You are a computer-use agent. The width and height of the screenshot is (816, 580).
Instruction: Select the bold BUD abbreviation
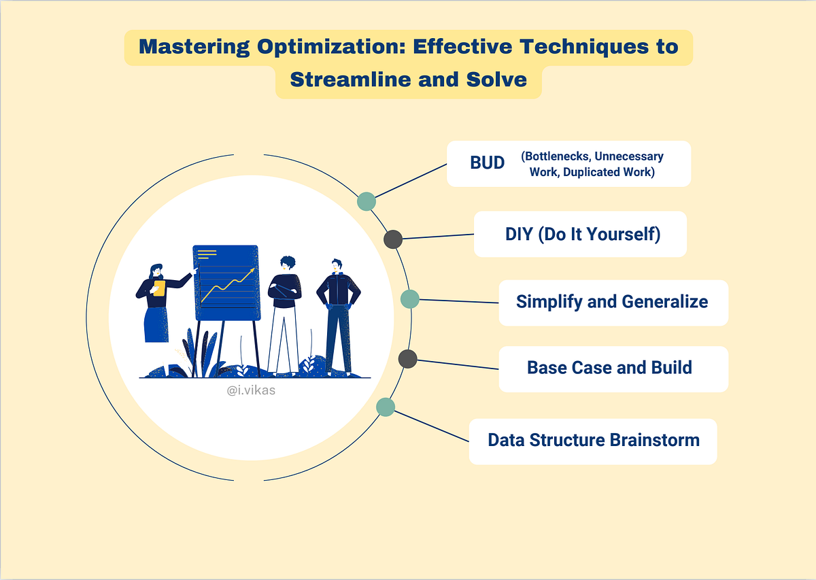488,164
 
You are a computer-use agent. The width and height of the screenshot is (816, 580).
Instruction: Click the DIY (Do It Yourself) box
580,234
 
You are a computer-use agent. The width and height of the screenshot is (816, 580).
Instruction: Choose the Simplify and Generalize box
613,302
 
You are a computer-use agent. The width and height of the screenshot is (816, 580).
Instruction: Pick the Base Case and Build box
613,368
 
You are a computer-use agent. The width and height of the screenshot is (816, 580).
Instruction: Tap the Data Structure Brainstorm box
593,440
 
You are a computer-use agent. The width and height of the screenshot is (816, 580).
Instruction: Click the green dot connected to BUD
367,201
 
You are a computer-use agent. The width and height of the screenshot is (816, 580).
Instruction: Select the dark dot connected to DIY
393,239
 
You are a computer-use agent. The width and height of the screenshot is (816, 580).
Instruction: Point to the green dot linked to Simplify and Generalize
410,298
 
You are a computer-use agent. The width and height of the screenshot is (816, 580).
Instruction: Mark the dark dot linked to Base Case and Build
407,358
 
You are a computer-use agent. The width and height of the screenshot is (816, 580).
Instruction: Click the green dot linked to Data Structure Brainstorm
386,407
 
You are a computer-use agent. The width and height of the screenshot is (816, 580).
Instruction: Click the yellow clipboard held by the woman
159,288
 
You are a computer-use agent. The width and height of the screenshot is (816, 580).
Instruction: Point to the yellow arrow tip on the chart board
252,271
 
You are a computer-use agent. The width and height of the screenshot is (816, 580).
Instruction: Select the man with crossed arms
284,313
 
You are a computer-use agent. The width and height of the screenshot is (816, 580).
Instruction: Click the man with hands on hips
338,313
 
